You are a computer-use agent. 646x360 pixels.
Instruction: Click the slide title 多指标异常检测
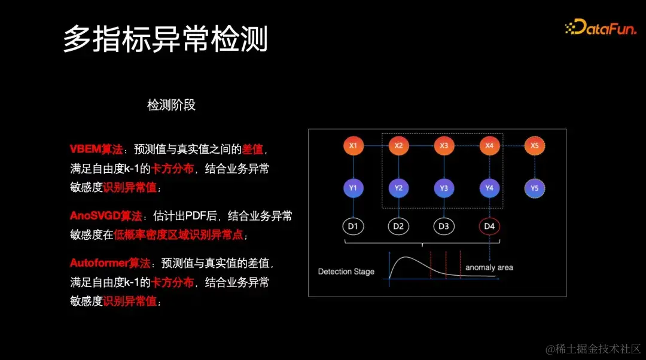click(x=166, y=39)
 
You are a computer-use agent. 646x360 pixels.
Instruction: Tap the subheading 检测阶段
click(x=171, y=105)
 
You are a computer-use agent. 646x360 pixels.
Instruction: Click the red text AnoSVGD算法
click(x=106, y=216)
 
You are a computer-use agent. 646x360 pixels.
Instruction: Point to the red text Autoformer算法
click(x=110, y=263)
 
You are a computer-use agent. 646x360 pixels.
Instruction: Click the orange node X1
click(x=353, y=145)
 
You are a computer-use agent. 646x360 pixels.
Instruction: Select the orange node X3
click(x=444, y=145)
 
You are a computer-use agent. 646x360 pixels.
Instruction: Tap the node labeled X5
click(x=535, y=145)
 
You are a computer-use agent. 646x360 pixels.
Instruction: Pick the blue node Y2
click(x=398, y=188)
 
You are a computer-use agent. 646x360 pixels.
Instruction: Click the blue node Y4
click(x=489, y=188)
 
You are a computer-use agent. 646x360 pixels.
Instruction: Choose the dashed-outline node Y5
click(x=535, y=188)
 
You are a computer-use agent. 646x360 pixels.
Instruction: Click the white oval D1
click(x=353, y=227)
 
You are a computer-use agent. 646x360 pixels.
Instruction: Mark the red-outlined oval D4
click(x=489, y=227)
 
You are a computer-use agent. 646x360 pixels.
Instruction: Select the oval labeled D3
click(x=444, y=227)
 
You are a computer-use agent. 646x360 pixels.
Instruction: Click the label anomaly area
click(x=489, y=267)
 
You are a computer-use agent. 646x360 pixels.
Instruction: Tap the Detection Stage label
click(x=346, y=271)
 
